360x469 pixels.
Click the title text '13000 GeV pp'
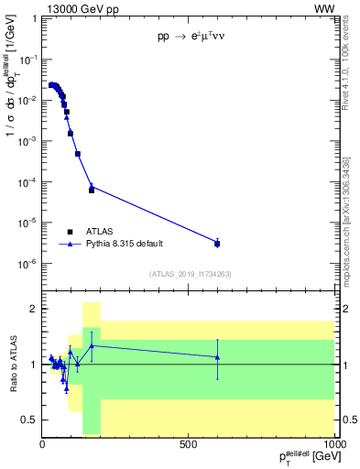pos(79,8)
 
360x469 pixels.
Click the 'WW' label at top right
pos(324,8)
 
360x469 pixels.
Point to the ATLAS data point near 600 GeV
pos(217,243)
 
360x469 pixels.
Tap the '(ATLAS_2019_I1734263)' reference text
pos(190,274)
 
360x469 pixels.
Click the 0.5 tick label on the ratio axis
pos(29,420)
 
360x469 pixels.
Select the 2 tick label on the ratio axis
pos(33,310)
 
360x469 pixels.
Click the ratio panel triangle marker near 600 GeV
pos(217,356)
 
